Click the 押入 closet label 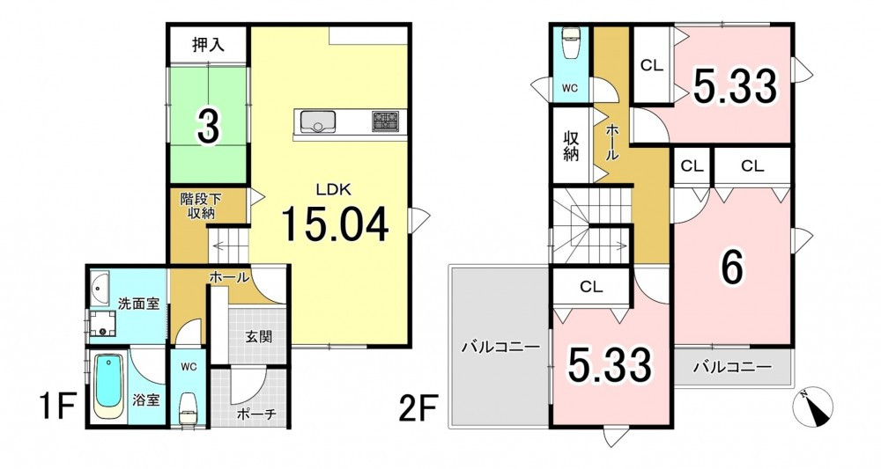(209, 45)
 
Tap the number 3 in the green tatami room (208, 126)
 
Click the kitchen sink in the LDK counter (318, 121)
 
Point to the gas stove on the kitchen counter (385, 121)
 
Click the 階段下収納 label (201, 206)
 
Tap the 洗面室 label (138, 304)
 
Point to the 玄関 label (259, 337)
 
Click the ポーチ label (256, 414)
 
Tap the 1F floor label (57, 407)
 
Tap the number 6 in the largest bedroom (732, 268)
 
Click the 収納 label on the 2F (571, 145)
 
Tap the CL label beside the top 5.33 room (652, 66)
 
